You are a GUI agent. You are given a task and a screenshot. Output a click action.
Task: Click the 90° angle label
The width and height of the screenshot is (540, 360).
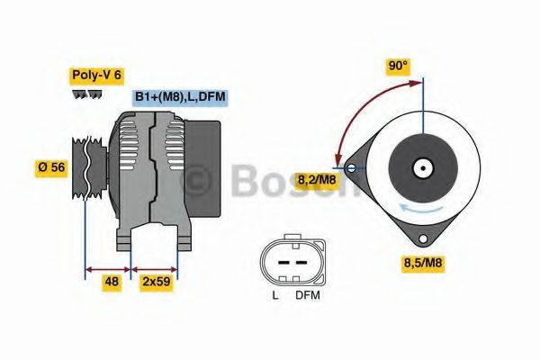[x=398, y=66]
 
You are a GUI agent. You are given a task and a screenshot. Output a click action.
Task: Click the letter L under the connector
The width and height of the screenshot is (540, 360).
[x=275, y=294]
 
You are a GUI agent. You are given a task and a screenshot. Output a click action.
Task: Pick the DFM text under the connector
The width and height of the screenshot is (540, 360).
[x=308, y=294]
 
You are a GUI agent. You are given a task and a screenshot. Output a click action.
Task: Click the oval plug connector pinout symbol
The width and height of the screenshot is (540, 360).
[x=290, y=262]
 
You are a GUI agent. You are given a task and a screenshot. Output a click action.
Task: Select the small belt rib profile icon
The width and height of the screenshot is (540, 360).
[x=87, y=94]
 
